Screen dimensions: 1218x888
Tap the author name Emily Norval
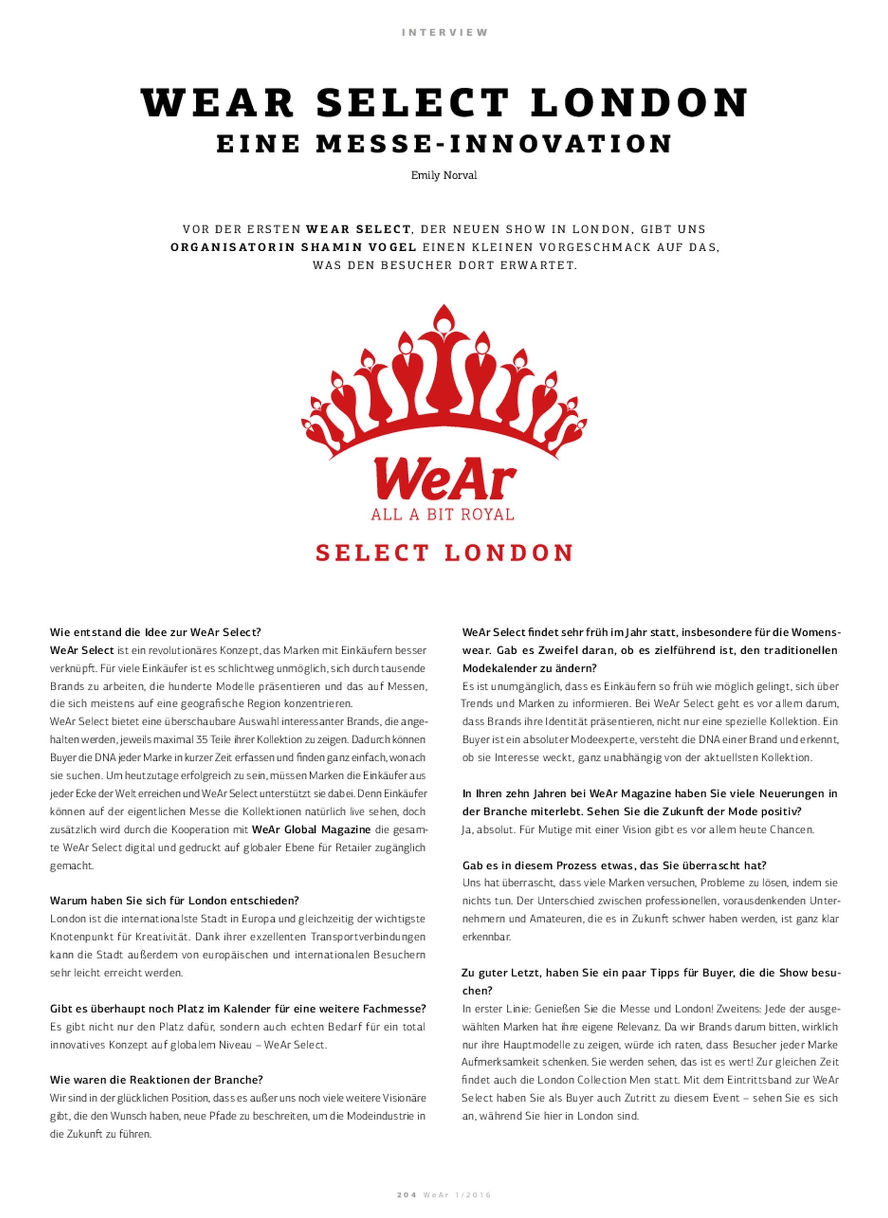click(444, 176)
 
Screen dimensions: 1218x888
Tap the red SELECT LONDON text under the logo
click(444, 553)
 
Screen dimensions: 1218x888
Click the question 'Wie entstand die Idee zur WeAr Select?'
click(156, 632)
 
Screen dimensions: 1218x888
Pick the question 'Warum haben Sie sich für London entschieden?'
click(174, 900)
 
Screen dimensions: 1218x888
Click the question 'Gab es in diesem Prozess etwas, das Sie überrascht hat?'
click(614, 865)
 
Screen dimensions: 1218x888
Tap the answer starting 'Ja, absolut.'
click(638, 829)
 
